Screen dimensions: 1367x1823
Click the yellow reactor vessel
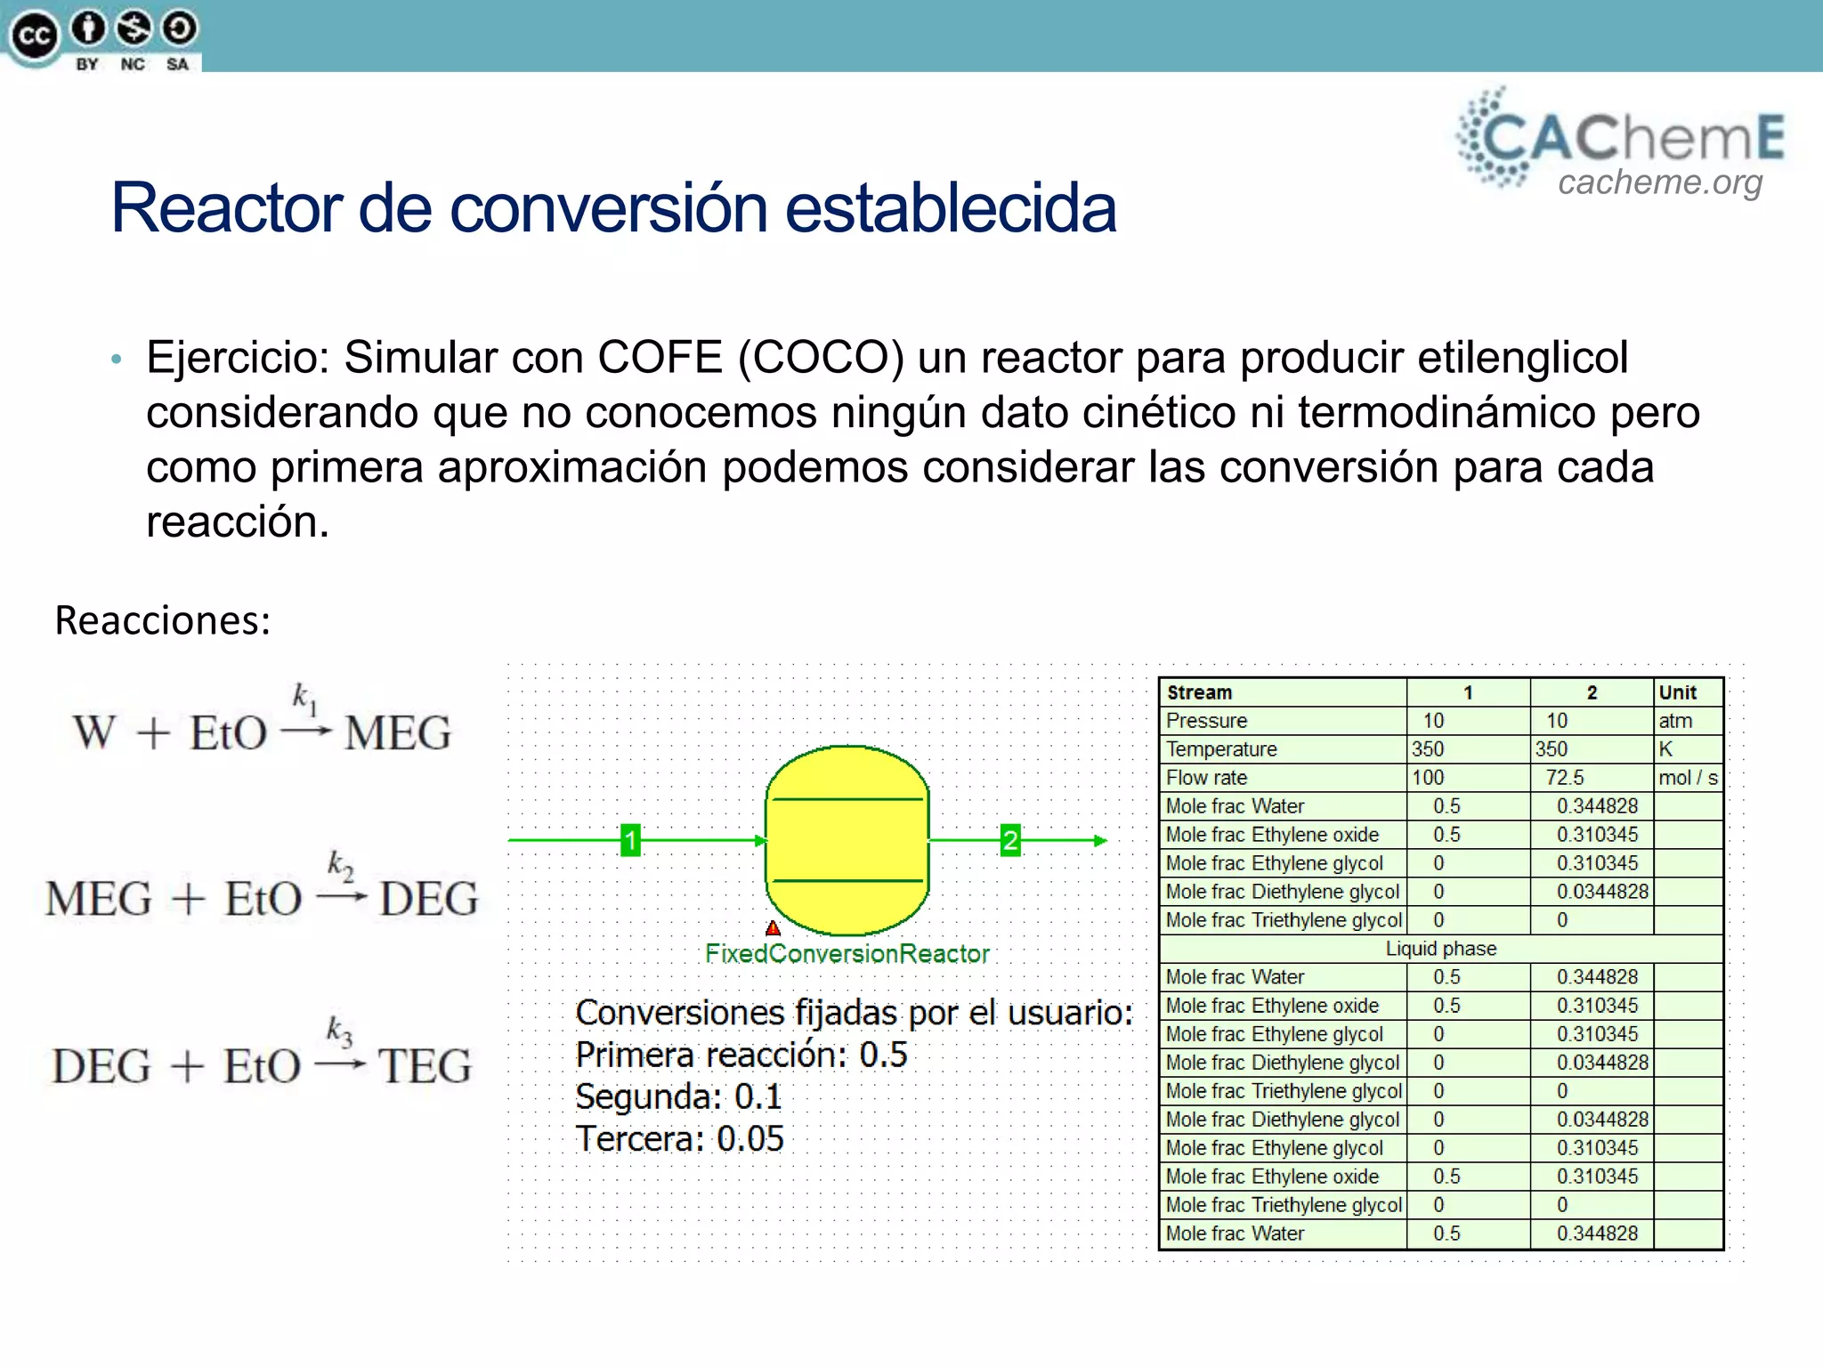[x=847, y=840]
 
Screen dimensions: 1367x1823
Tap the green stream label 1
[x=630, y=840]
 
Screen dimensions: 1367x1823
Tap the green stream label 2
[x=1009, y=840]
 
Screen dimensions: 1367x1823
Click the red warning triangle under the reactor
[x=773, y=928]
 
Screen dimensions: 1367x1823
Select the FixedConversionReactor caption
[x=847, y=954]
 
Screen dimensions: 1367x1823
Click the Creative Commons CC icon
[x=34, y=36]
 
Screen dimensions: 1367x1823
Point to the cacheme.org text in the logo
[x=1659, y=182]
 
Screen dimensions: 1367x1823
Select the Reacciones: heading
[x=162, y=620]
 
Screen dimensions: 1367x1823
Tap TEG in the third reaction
[x=424, y=1066]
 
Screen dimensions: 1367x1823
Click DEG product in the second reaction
[x=428, y=899]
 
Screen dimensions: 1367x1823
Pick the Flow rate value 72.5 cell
[x=1564, y=778]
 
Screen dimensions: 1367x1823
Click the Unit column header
[x=1677, y=692]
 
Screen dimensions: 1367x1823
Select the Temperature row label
[x=1221, y=749]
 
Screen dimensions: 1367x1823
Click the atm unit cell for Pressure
[x=1674, y=721]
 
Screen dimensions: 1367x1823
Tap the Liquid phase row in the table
[x=1440, y=949]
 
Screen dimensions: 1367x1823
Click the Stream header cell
[x=1199, y=692]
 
